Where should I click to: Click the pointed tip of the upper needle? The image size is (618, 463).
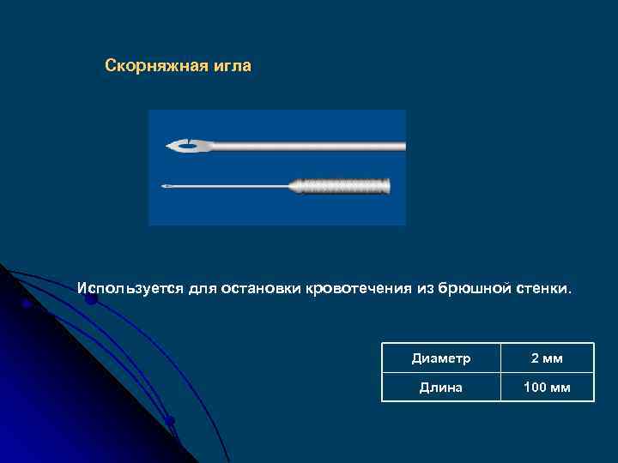tap(168, 146)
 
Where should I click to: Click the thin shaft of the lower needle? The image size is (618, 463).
tap(232, 185)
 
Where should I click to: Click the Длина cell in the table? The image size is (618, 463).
tap(441, 388)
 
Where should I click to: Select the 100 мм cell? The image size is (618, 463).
tap(547, 388)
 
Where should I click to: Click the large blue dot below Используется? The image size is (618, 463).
tap(90, 298)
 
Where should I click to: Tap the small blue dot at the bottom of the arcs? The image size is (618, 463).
tap(170, 420)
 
